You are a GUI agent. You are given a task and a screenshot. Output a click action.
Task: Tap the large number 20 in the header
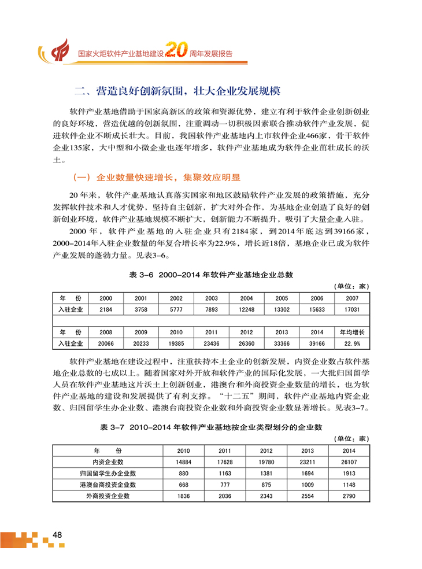point(175,51)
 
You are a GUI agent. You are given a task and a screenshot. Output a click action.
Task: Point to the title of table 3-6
point(211,275)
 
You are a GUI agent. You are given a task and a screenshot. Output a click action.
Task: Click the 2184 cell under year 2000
point(106,310)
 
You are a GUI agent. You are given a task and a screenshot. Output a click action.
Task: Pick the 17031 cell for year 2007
point(351,310)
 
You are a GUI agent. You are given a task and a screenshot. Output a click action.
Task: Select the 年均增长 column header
point(351,332)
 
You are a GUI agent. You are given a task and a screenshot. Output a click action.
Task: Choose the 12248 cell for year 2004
point(246,310)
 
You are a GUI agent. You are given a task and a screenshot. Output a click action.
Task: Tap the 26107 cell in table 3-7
point(349,461)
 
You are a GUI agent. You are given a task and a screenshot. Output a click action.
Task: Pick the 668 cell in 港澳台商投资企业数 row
point(183,485)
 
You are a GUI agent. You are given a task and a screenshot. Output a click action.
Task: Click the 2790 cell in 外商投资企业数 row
point(349,496)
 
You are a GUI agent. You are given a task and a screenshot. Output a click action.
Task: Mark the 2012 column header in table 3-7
point(266,450)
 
